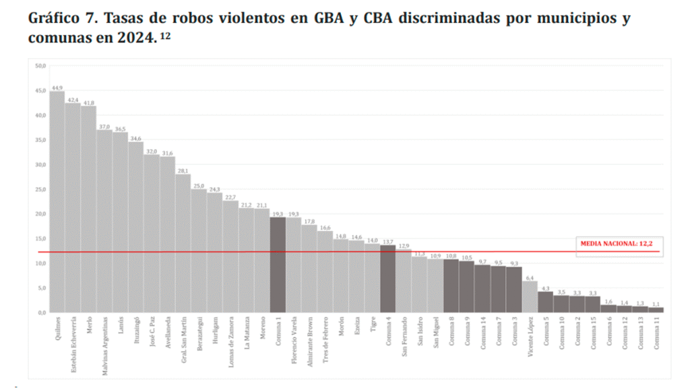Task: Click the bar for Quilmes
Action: click(x=57, y=202)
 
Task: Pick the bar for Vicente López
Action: click(x=530, y=296)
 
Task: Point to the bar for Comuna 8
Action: click(x=451, y=286)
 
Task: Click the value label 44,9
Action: click(x=57, y=88)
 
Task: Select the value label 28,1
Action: click(x=183, y=170)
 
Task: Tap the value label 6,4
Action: click(x=530, y=278)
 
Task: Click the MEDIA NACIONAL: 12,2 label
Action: click(x=617, y=243)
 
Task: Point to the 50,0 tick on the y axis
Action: click(x=40, y=66)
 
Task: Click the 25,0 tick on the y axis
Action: click(x=40, y=189)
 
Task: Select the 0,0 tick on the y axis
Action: click(x=40, y=313)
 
